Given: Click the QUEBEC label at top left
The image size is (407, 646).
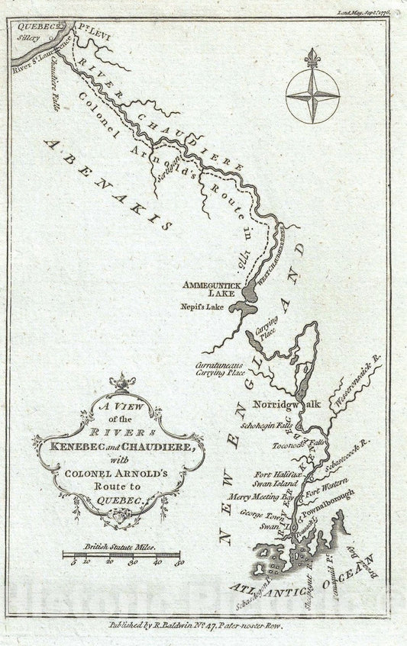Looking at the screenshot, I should pos(31,25).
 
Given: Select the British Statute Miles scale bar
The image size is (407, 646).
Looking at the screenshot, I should pos(121,555).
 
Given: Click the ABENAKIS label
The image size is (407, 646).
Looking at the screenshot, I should pos(107,172).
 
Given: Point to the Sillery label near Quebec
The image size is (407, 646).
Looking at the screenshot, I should pos(31,36).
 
